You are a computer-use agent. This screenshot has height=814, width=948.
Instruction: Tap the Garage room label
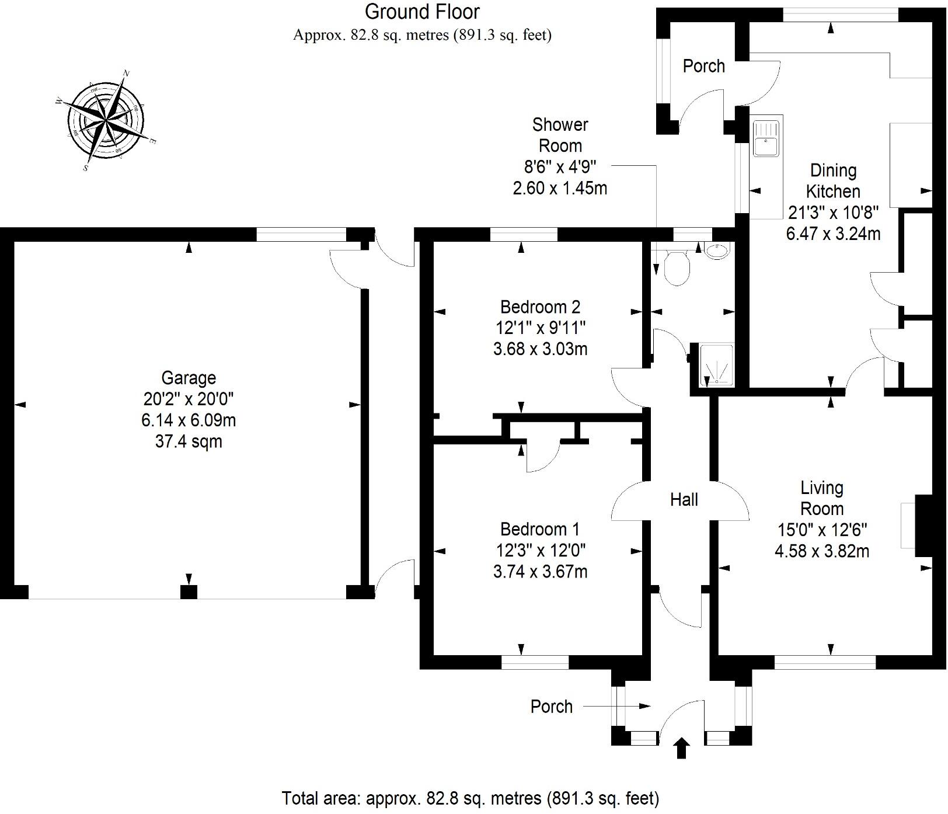[189, 378]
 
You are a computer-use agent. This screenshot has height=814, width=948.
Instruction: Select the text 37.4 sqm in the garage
[189, 441]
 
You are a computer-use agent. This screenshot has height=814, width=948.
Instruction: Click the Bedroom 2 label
[540, 307]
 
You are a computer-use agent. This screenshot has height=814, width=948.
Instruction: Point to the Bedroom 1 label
[540, 529]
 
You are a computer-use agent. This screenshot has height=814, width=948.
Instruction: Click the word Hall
[684, 499]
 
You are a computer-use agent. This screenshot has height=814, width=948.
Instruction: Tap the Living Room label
[821, 498]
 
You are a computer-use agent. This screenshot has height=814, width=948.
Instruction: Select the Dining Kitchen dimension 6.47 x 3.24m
[833, 234]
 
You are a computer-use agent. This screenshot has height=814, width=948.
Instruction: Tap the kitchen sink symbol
[766, 138]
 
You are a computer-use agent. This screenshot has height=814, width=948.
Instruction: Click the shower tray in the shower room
[716, 365]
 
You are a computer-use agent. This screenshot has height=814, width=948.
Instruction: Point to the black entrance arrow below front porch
[681, 748]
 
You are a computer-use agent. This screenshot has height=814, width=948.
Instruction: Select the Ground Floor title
[422, 12]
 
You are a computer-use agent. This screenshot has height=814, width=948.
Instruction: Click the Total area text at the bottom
[470, 798]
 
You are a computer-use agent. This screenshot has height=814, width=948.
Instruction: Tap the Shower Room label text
[560, 135]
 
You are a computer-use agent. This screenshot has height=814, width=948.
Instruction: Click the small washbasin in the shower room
[717, 251]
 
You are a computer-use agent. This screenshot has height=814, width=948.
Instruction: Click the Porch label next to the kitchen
[703, 66]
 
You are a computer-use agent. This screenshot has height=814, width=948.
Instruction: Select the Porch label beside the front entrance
[551, 707]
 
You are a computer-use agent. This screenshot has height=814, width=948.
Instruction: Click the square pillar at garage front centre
[189, 592]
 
